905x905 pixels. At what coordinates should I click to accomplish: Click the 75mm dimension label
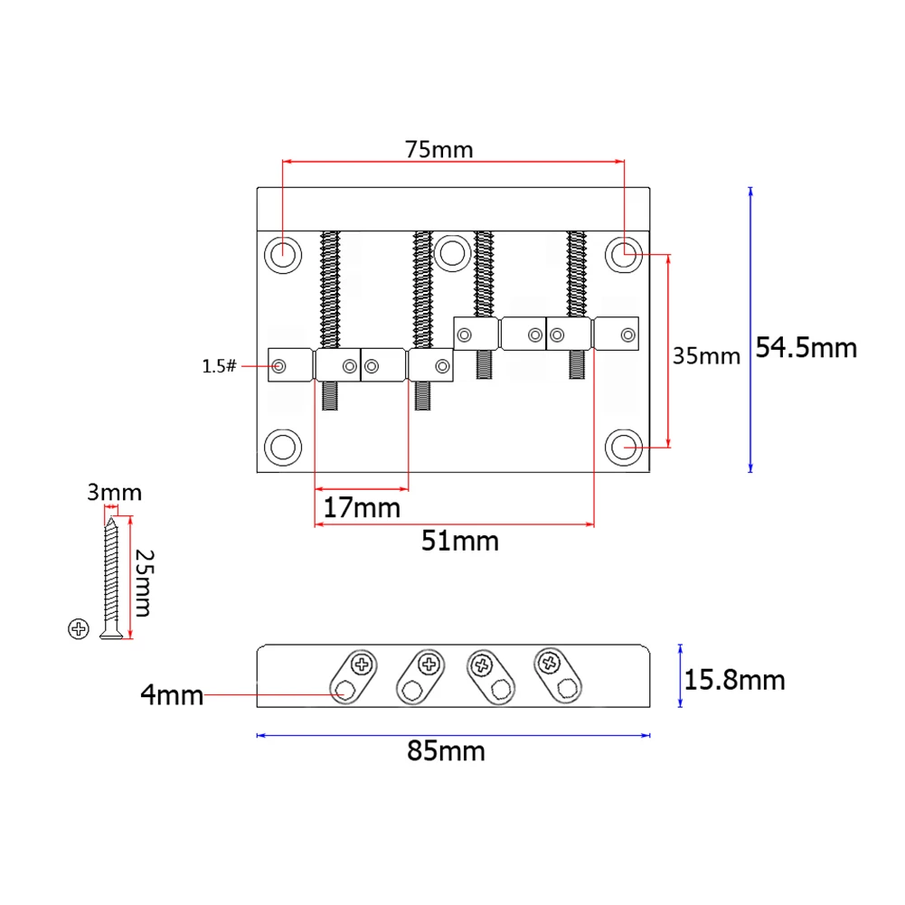438,149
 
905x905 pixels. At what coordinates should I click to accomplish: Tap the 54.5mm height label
806,347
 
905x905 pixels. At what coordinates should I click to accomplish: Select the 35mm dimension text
706,355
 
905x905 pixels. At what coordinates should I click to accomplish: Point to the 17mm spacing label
362,508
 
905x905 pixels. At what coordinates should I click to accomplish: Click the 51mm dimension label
460,541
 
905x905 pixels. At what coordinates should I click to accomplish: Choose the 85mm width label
446,751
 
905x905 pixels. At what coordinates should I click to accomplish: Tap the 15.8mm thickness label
734,680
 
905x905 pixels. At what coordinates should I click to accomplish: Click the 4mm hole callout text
172,695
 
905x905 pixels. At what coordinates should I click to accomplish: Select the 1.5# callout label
220,366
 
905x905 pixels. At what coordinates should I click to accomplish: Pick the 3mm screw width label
114,493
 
